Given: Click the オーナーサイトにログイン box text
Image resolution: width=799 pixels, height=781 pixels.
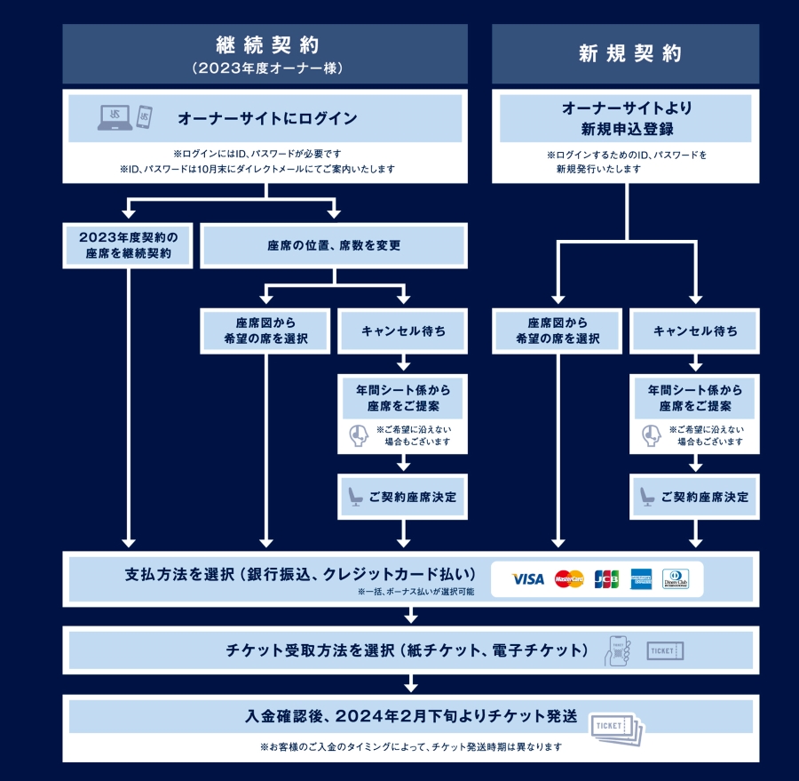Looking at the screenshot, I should pyautogui.click(x=267, y=118).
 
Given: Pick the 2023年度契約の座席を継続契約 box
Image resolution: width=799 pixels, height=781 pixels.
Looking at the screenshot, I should pyautogui.click(x=130, y=245).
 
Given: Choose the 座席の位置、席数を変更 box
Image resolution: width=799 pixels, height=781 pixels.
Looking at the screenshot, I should pyautogui.click(x=334, y=245).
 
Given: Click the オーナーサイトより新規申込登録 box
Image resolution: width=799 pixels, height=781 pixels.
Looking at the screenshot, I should pyautogui.click(x=627, y=119).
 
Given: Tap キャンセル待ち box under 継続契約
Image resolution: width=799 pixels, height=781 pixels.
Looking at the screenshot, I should pyautogui.click(x=404, y=331).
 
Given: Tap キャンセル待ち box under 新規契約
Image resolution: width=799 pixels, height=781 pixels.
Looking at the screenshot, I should pyautogui.click(x=695, y=331).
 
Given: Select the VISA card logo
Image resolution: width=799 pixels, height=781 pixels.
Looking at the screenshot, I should pyautogui.click(x=528, y=579).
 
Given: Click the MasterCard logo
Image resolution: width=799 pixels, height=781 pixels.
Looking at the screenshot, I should pyautogui.click(x=569, y=579).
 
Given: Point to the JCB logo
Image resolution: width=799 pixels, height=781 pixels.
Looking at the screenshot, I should pyautogui.click(x=606, y=579).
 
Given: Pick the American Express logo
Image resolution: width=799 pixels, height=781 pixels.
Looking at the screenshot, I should pyautogui.click(x=641, y=579).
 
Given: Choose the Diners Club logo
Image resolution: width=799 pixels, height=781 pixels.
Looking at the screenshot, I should pyautogui.click(x=676, y=579).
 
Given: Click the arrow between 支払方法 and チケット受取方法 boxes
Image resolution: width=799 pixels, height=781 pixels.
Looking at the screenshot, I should pyautogui.click(x=410, y=616).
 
